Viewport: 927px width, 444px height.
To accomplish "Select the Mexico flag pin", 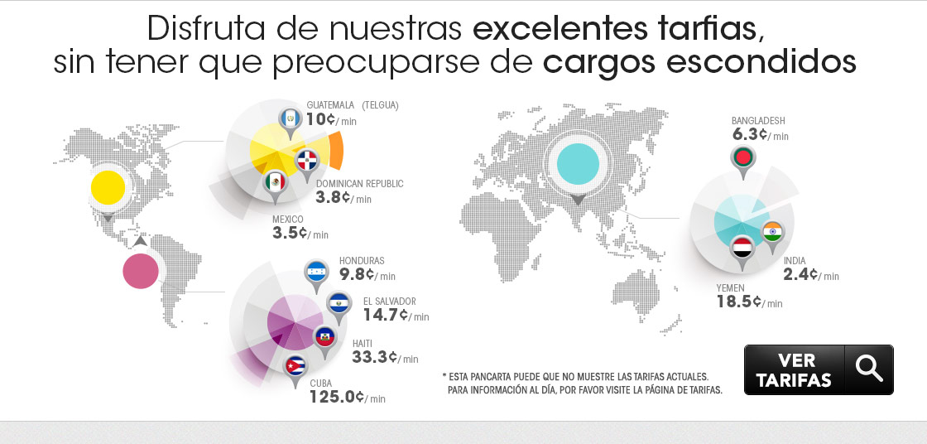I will pyautogui.click(x=275, y=182).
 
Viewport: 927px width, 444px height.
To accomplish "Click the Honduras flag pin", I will pyautogui.click(x=316, y=271).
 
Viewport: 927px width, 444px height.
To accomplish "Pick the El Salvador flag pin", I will pyautogui.click(x=339, y=304).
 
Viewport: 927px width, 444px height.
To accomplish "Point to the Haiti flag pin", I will pyautogui.click(x=325, y=336).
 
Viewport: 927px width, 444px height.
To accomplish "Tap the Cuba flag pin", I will pyautogui.click(x=295, y=366).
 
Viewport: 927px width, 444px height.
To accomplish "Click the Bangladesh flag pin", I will pyautogui.click(x=742, y=157).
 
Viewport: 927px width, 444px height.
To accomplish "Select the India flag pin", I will pyautogui.click(x=773, y=232).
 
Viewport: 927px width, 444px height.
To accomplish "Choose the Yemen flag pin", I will pyautogui.click(x=742, y=248).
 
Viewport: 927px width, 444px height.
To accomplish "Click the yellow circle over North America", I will pyautogui.click(x=108, y=188).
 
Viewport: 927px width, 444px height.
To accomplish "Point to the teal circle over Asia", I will pyautogui.click(x=577, y=164).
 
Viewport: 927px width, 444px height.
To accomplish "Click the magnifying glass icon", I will pyautogui.click(x=869, y=369).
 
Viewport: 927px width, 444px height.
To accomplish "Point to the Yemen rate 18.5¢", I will pyautogui.click(x=739, y=302).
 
